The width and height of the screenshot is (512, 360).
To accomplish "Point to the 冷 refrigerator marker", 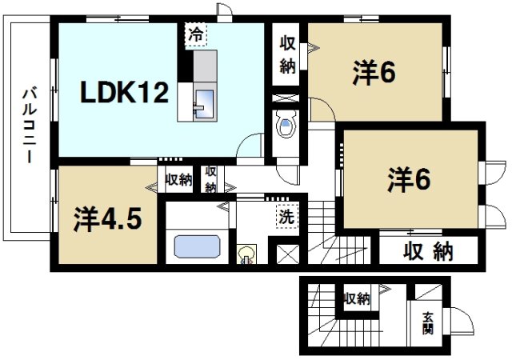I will (x=197, y=35).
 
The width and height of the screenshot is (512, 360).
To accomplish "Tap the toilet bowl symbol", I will (x=286, y=126).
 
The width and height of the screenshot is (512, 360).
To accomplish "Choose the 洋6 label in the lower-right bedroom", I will (x=410, y=178).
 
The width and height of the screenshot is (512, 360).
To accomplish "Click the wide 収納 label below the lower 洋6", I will (x=427, y=252).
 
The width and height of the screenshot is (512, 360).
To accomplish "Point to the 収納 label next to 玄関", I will (x=358, y=299).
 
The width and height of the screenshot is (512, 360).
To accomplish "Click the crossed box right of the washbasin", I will (x=286, y=254).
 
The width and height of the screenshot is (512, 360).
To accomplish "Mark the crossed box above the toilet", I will (x=285, y=99).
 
